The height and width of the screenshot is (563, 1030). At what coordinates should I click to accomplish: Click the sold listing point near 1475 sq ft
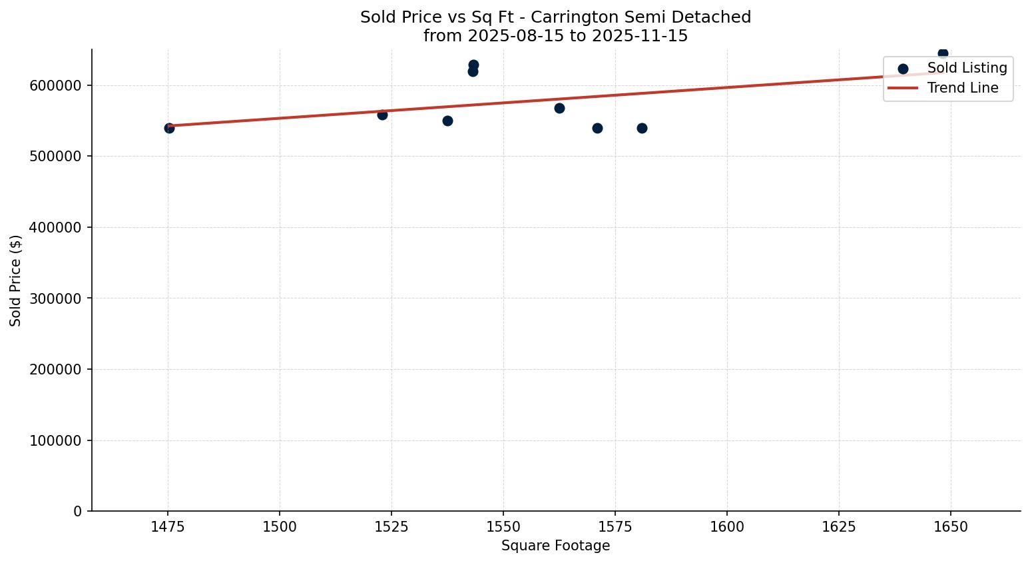coord(169,128)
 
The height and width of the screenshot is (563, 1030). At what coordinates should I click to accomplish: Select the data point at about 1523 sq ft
coord(382,115)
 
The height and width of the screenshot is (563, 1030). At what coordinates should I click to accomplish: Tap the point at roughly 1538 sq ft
coord(447,121)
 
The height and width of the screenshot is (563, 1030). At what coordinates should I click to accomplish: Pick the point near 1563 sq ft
coord(559,108)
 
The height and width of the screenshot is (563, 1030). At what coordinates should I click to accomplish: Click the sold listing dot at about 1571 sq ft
coord(597,128)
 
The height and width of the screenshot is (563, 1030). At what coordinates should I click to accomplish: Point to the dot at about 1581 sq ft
coord(642,128)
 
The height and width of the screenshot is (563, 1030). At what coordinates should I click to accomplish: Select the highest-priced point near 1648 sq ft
coord(943,53)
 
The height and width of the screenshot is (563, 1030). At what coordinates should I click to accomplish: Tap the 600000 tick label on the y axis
coord(56,86)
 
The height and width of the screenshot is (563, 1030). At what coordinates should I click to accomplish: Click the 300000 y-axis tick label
coord(56,298)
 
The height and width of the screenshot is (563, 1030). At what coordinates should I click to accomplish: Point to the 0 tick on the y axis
coord(79,512)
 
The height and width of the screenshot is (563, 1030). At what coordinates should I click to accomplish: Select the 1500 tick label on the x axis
coord(279,527)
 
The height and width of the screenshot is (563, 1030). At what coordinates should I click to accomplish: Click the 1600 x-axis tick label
coord(726,527)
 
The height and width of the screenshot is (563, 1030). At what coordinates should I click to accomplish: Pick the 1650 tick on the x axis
coord(950,527)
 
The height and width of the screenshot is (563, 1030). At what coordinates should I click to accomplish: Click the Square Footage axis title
coord(555,546)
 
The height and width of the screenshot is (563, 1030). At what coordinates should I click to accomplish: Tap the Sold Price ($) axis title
coord(16,281)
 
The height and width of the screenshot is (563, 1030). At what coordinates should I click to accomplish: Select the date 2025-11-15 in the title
coord(639,36)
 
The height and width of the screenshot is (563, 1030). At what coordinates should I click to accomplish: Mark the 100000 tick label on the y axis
coord(56,441)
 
